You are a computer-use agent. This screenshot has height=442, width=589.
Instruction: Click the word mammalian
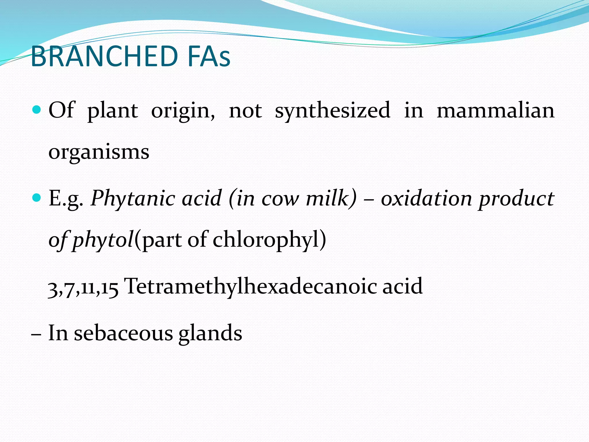click(495, 110)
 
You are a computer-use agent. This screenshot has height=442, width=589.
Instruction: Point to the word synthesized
click(332, 111)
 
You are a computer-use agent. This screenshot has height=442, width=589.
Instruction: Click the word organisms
click(99, 153)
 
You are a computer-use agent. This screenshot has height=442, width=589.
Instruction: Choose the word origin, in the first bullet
click(183, 111)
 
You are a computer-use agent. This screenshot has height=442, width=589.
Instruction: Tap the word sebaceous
click(123, 333)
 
